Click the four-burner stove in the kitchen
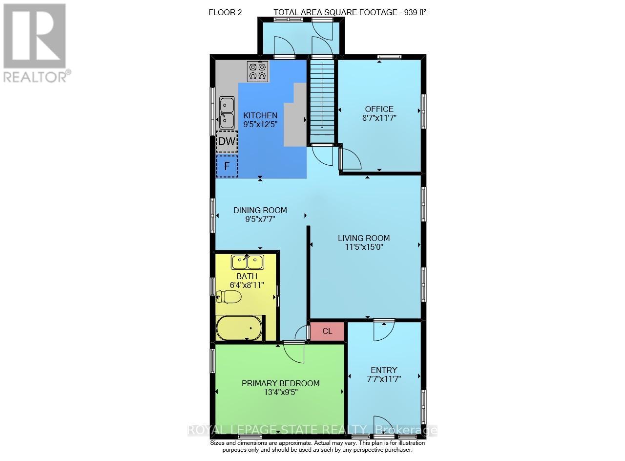[x=257, y=71]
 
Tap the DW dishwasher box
[x=227, y=142]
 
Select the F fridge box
[x=227, y=166]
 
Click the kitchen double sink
[x=227, y=111]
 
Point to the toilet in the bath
[x=229, y=296]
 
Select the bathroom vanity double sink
[x=248, y=263]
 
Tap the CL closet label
[x=328, y=331]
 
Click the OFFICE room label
[x=379, y=109]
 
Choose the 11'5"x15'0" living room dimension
[x=364, y=247]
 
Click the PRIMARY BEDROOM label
[x=281, y=383]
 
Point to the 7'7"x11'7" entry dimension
[x=384, y=378]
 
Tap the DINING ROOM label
[x=260, y=210]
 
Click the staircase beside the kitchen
[x=322, y=100]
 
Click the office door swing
[x=350, y=159]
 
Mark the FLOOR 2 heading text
[x=225, y=12]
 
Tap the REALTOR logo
[x=35, y=42]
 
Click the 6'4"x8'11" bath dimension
[x=247, y=285]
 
